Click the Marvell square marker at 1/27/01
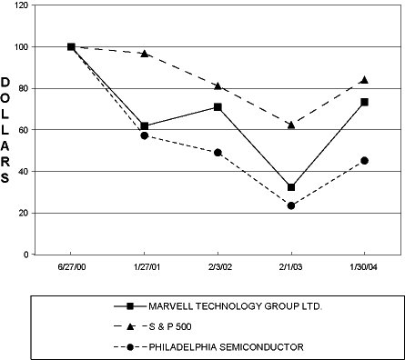pos(144,125)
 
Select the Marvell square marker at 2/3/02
pos(218,107)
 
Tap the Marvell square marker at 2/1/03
pos(291,187)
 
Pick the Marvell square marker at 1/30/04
pos(365,102)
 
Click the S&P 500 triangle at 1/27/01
pos(144,54)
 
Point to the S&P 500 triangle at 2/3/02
pos(218,85)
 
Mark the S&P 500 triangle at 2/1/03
pos(291,124)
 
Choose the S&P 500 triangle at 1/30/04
pos(365,80)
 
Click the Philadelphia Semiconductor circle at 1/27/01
pos(144,135)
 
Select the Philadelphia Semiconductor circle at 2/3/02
pos(218,153)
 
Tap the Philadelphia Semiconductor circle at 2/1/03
pos(291,205)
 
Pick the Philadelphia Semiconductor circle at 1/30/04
pos(365,161)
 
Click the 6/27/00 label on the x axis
pos(71,270)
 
